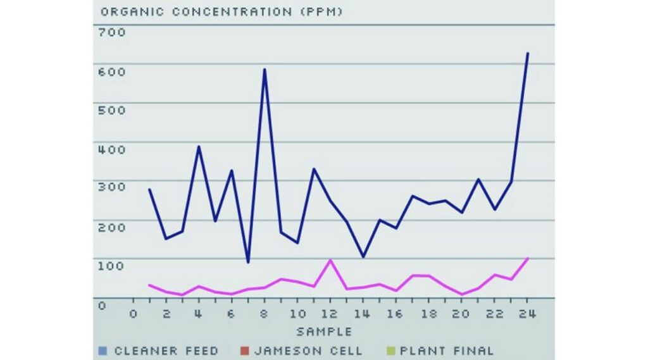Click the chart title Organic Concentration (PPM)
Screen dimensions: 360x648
[x=221, y=12]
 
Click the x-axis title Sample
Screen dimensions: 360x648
[x=324, y=332]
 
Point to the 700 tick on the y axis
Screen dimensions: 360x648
[x=112, y=32]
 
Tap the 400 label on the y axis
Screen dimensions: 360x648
[x=112, y=149]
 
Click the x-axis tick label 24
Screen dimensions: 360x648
[x=527, y=314]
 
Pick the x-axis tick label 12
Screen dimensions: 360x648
[x=330, y=314]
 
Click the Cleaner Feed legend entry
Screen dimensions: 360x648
[x=166, y=351]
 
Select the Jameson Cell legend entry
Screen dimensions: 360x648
[x=308, y=351]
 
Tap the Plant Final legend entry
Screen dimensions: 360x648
[x=443, y=351]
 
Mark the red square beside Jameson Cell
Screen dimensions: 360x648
[x=244, y=351]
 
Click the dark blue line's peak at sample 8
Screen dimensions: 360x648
[x=265, y=69]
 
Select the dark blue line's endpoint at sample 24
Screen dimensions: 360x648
[x=528, y=53]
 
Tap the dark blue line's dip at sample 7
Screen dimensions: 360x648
[x=248, y=262]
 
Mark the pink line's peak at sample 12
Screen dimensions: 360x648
[x=330, y=260]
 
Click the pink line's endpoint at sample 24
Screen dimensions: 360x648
[x=528, y=258]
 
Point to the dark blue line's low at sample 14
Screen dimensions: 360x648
[x=363, y=256]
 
